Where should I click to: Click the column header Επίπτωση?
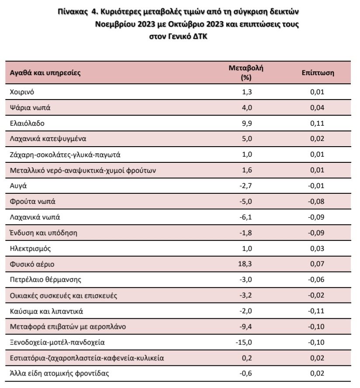318,73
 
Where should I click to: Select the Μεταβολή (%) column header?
246,72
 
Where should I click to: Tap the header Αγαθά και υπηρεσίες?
45,73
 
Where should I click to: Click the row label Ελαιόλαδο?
27,123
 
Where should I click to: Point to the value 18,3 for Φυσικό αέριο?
245,264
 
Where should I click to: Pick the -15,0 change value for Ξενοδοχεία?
244,342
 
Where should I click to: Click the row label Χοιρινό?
22,92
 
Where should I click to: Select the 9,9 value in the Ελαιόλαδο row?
247,123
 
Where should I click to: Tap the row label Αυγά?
18,186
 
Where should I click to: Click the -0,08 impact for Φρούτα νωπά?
316,202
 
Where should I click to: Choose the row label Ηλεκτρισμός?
30,248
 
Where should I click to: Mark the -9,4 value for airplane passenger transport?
246,326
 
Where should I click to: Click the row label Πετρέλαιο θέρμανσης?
45,280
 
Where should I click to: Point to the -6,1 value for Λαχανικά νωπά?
246,217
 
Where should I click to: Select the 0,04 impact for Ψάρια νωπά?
317,108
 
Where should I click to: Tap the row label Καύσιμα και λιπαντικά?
46,311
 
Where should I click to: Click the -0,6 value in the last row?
246,373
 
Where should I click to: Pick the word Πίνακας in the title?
73,12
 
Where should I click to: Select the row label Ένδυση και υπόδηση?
44,233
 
